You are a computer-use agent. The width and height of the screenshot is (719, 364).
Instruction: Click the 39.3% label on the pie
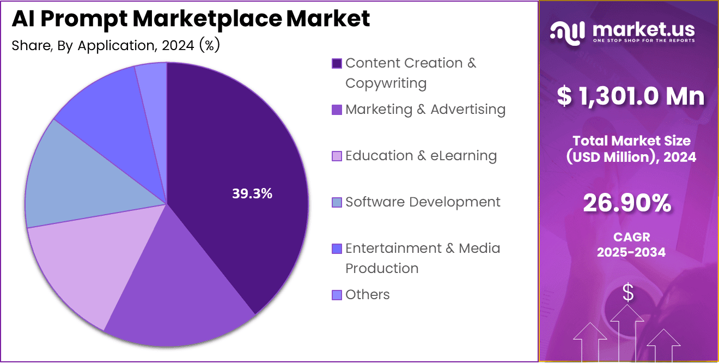pos(252,193)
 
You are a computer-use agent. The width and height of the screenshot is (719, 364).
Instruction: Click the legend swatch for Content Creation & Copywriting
pos(337,63)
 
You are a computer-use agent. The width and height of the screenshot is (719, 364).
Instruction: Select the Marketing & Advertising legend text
pos(425,110)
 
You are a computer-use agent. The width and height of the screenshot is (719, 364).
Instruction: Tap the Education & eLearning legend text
pos(421,156)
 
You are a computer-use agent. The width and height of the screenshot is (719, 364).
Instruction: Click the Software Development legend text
pos(422,202)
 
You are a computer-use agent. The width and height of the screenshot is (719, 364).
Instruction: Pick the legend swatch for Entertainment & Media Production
pos(337,249)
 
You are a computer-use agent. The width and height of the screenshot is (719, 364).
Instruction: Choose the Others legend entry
pos(367,295)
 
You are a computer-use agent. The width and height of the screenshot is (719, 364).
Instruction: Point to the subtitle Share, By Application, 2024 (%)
pos(115,46)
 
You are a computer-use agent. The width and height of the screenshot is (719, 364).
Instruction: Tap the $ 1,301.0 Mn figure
pos(631,96)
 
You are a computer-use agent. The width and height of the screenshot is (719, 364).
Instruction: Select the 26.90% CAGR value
pos(627,204)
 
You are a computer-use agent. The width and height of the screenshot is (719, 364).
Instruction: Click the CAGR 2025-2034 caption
pos(631,245)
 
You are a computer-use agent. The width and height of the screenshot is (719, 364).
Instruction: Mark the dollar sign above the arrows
pos(628,293)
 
